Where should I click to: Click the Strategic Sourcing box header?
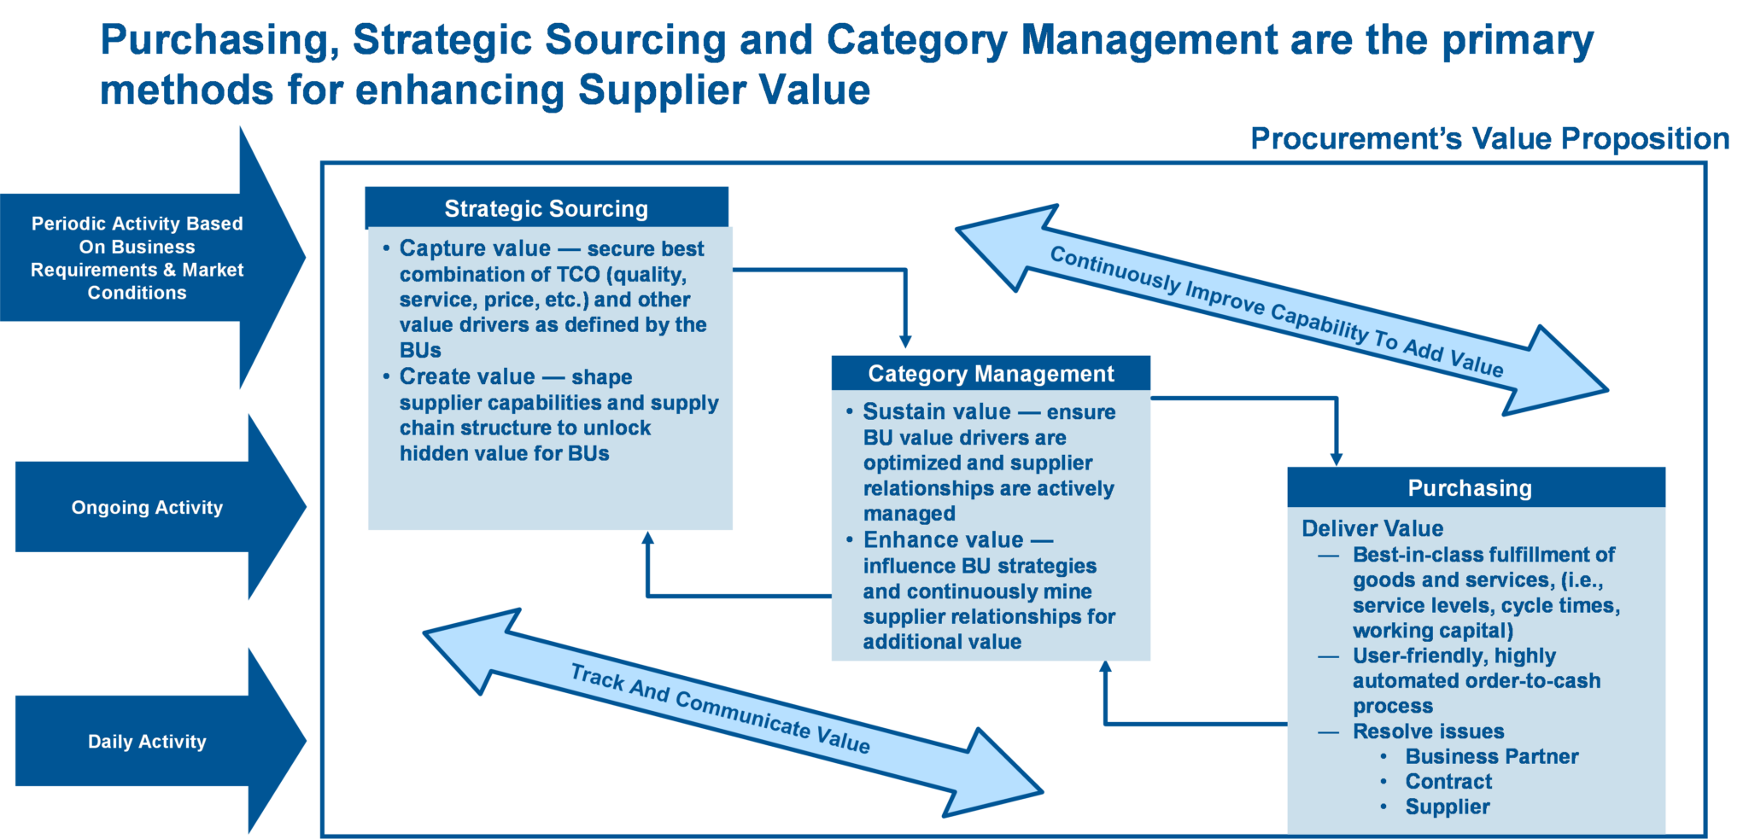(547, 208)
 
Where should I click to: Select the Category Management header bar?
(991, 374)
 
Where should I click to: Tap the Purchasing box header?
(1470, 488)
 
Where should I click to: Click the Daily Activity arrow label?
(147, 742)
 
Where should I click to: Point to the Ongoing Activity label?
(147, 508)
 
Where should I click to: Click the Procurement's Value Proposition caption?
(1489, 139)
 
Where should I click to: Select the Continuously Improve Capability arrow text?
(1276, 312)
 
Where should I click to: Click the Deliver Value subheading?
(1372, 528)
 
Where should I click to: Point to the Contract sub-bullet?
(1448, 782)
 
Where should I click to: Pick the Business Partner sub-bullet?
(1492, 756)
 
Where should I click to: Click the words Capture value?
(475, 248)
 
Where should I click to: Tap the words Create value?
(467, 376)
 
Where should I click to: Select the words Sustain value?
(937, 411)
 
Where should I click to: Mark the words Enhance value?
(943, 539)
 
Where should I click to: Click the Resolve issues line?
(1428, 731)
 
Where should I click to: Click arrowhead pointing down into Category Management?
(905, 341)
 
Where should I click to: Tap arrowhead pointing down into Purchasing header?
(1337, 458)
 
